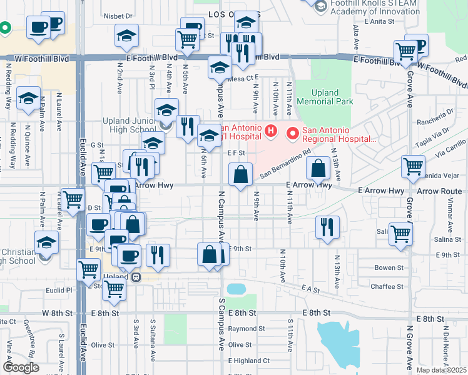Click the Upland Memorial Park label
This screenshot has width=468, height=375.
pos(325,96)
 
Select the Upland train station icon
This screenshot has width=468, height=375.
pos(136,277)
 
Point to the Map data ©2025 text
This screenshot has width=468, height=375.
pos(441,370)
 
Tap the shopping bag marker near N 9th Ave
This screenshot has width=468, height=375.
pos(240,175)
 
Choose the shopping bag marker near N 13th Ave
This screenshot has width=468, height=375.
pos(318,168)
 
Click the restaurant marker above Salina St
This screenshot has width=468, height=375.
pos(325,227)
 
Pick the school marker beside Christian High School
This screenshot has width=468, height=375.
pos(46,242)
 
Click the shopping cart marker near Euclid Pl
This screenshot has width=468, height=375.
pos(114,288)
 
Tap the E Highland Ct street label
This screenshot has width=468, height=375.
pos(249,361)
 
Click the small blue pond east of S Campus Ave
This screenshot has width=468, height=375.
pos(237,289)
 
